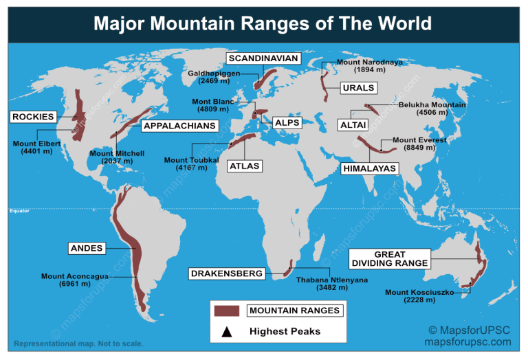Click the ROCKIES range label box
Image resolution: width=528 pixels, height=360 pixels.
click(33, 117)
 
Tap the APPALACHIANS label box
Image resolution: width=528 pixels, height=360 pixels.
click(180, 126)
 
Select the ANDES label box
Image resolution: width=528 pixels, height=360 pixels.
click(87, 248)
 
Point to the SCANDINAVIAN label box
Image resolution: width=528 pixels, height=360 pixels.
click(263, 58)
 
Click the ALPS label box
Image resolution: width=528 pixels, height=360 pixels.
click(287, 122)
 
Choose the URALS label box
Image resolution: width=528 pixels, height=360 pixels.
click(358, 88)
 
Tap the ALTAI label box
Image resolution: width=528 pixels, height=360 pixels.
click(353, 124)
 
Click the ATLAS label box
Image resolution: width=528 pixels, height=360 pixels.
click(245, 166)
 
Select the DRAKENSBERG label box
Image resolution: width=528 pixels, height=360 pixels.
click(227, 273)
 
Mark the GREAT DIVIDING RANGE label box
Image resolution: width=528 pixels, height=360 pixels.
click(390, 259)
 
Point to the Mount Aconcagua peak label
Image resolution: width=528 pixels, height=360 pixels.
click(75, 280)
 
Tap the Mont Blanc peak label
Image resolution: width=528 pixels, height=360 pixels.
click(213, 105)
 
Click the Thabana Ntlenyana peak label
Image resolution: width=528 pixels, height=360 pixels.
click(322, 284)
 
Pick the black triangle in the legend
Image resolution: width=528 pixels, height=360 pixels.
click(226, 331)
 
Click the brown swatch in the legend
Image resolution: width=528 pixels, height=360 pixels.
click(226, 311)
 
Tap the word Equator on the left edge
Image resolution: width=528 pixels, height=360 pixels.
click(19, 211)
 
